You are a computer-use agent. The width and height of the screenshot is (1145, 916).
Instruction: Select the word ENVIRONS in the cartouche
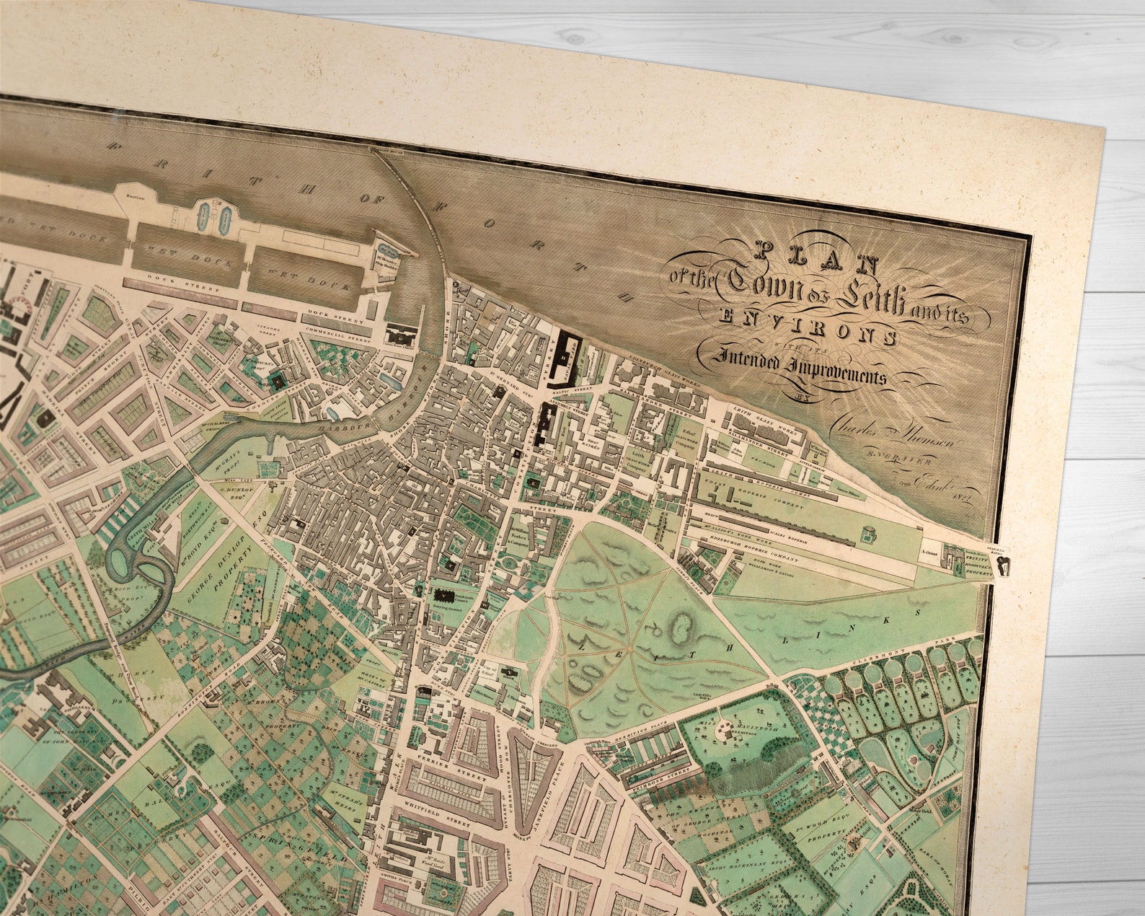[808, 325]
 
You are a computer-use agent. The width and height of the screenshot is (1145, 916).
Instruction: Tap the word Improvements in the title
[800, 365]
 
